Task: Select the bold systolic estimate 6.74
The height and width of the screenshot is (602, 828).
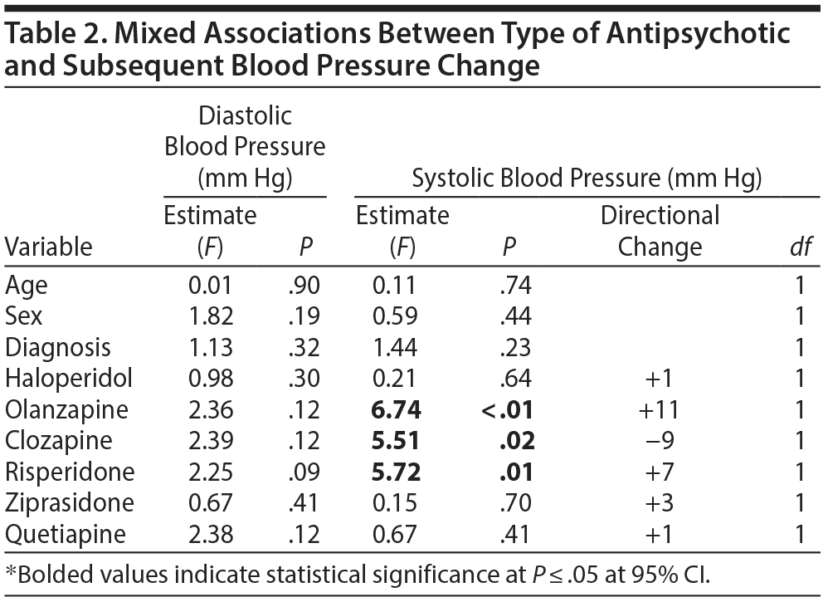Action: point(396,409)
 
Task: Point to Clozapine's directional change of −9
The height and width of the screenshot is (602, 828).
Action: point(660,441)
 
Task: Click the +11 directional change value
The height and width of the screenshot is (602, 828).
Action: point(660,409)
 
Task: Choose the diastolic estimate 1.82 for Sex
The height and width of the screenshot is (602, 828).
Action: point(210,316)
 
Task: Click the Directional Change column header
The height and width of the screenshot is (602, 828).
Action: point(660,231)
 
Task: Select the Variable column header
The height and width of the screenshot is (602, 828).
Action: point(48,247)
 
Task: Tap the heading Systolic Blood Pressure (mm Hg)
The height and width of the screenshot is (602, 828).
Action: point(587,178)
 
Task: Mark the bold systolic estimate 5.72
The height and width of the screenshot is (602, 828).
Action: point(396,472)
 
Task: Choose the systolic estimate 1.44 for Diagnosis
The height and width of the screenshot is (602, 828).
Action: point(395,347)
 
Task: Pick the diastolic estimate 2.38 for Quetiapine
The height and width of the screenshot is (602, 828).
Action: point(210,534)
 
